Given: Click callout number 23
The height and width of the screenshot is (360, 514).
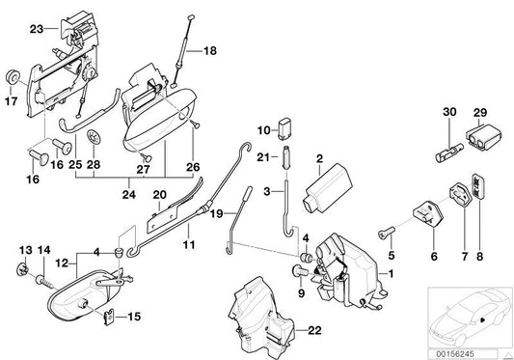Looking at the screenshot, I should coord(37,30).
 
